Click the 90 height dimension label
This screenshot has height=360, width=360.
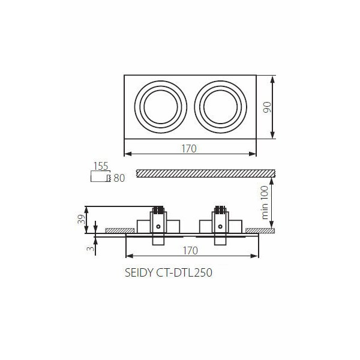(267, 107)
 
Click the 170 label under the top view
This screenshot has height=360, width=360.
(189, 149)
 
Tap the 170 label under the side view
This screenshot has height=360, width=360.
(190, 251)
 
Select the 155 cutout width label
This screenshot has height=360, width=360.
(101, 166)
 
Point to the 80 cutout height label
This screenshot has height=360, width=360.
(119, 178)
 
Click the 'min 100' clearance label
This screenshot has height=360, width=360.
(265, 203)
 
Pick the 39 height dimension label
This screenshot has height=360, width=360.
(81, 219)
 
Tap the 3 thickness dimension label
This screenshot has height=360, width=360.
(91, 248)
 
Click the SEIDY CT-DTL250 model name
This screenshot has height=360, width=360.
(169, 273)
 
